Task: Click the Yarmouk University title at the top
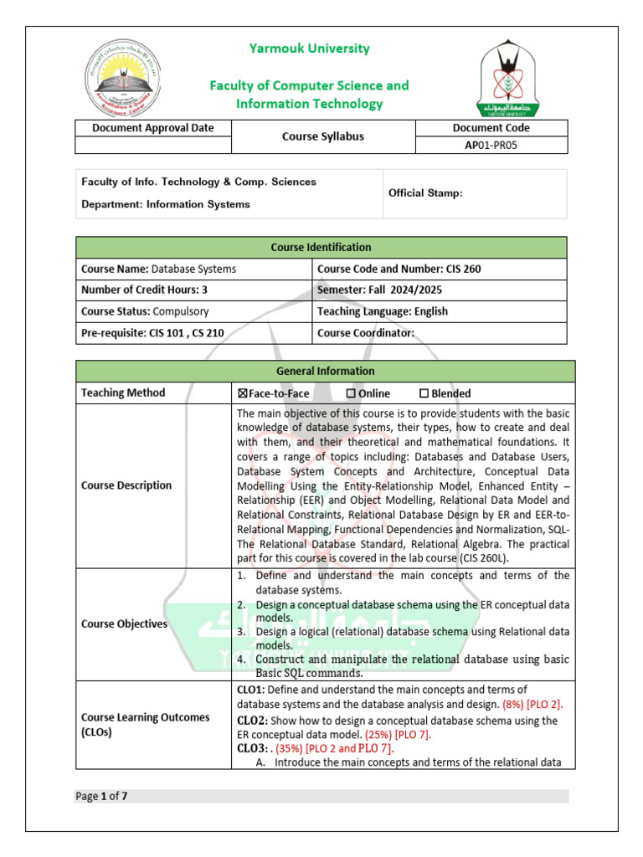point(309,49)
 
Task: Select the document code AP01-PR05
point(491,145)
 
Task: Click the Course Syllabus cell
point(322,136)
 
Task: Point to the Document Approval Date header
point(152,128)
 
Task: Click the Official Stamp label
point(425,193)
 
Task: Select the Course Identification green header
point(321,248)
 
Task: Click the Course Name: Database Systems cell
point(193,269)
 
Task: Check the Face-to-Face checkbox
point(243,393)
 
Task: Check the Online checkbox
point(351,393)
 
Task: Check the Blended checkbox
point(424,393)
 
